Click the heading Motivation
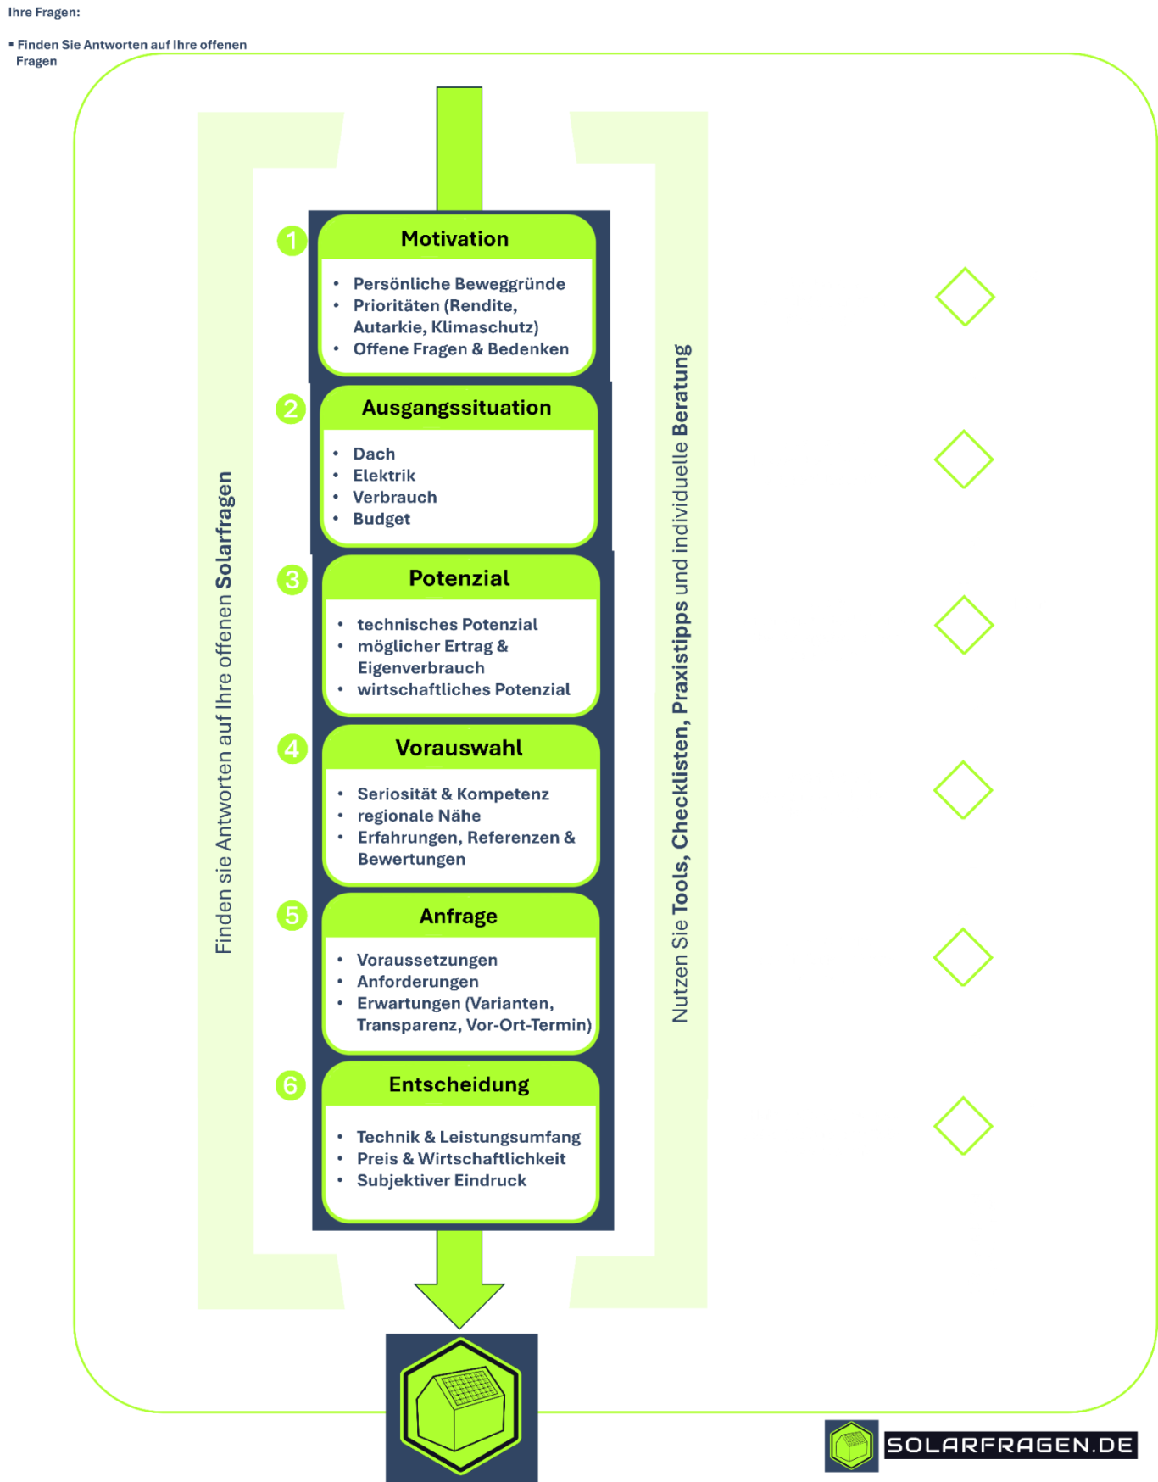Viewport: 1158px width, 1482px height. pyautogui.click(x=454, y=239)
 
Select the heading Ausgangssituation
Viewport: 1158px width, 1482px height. pyautogui.click(x=456, y=408)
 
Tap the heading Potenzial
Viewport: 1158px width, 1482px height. pyautogui.click(x=459, y=578)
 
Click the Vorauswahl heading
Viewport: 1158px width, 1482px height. pyautogui.click(x=459, y=748)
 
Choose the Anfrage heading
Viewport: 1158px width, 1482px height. pyautogui.click(x=458, y=916)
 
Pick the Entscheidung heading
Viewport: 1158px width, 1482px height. pyautogui.click(x=459, y=1084)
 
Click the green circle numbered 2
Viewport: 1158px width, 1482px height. pyautogui.click(x=291, y=409)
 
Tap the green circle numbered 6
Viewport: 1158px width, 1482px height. pyautogui.click(x=290, y=1084)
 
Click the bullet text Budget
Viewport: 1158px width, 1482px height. pyautogui.click(x=381, y=519)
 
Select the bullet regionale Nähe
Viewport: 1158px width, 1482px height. pyautogui.click(x=419, y=816)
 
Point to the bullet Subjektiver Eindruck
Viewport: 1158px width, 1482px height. pyautogui.click(x=441, y=1180)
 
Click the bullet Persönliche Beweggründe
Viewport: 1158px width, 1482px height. pyautogui.click(x=459, y=284)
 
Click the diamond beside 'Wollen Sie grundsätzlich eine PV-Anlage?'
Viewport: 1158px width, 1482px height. pyautogui.click(x=965, y=296)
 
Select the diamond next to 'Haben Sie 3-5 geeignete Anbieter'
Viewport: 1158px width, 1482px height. pyautogui.click(x=963, y=789)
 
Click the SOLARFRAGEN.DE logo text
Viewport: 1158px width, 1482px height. pyautogui.click(x=1009, y=1445)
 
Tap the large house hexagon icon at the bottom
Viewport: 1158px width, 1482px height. pyautogui.click(x=460, y=1405)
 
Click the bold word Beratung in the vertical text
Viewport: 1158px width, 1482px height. pyautogui.click(x=681, y=390)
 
